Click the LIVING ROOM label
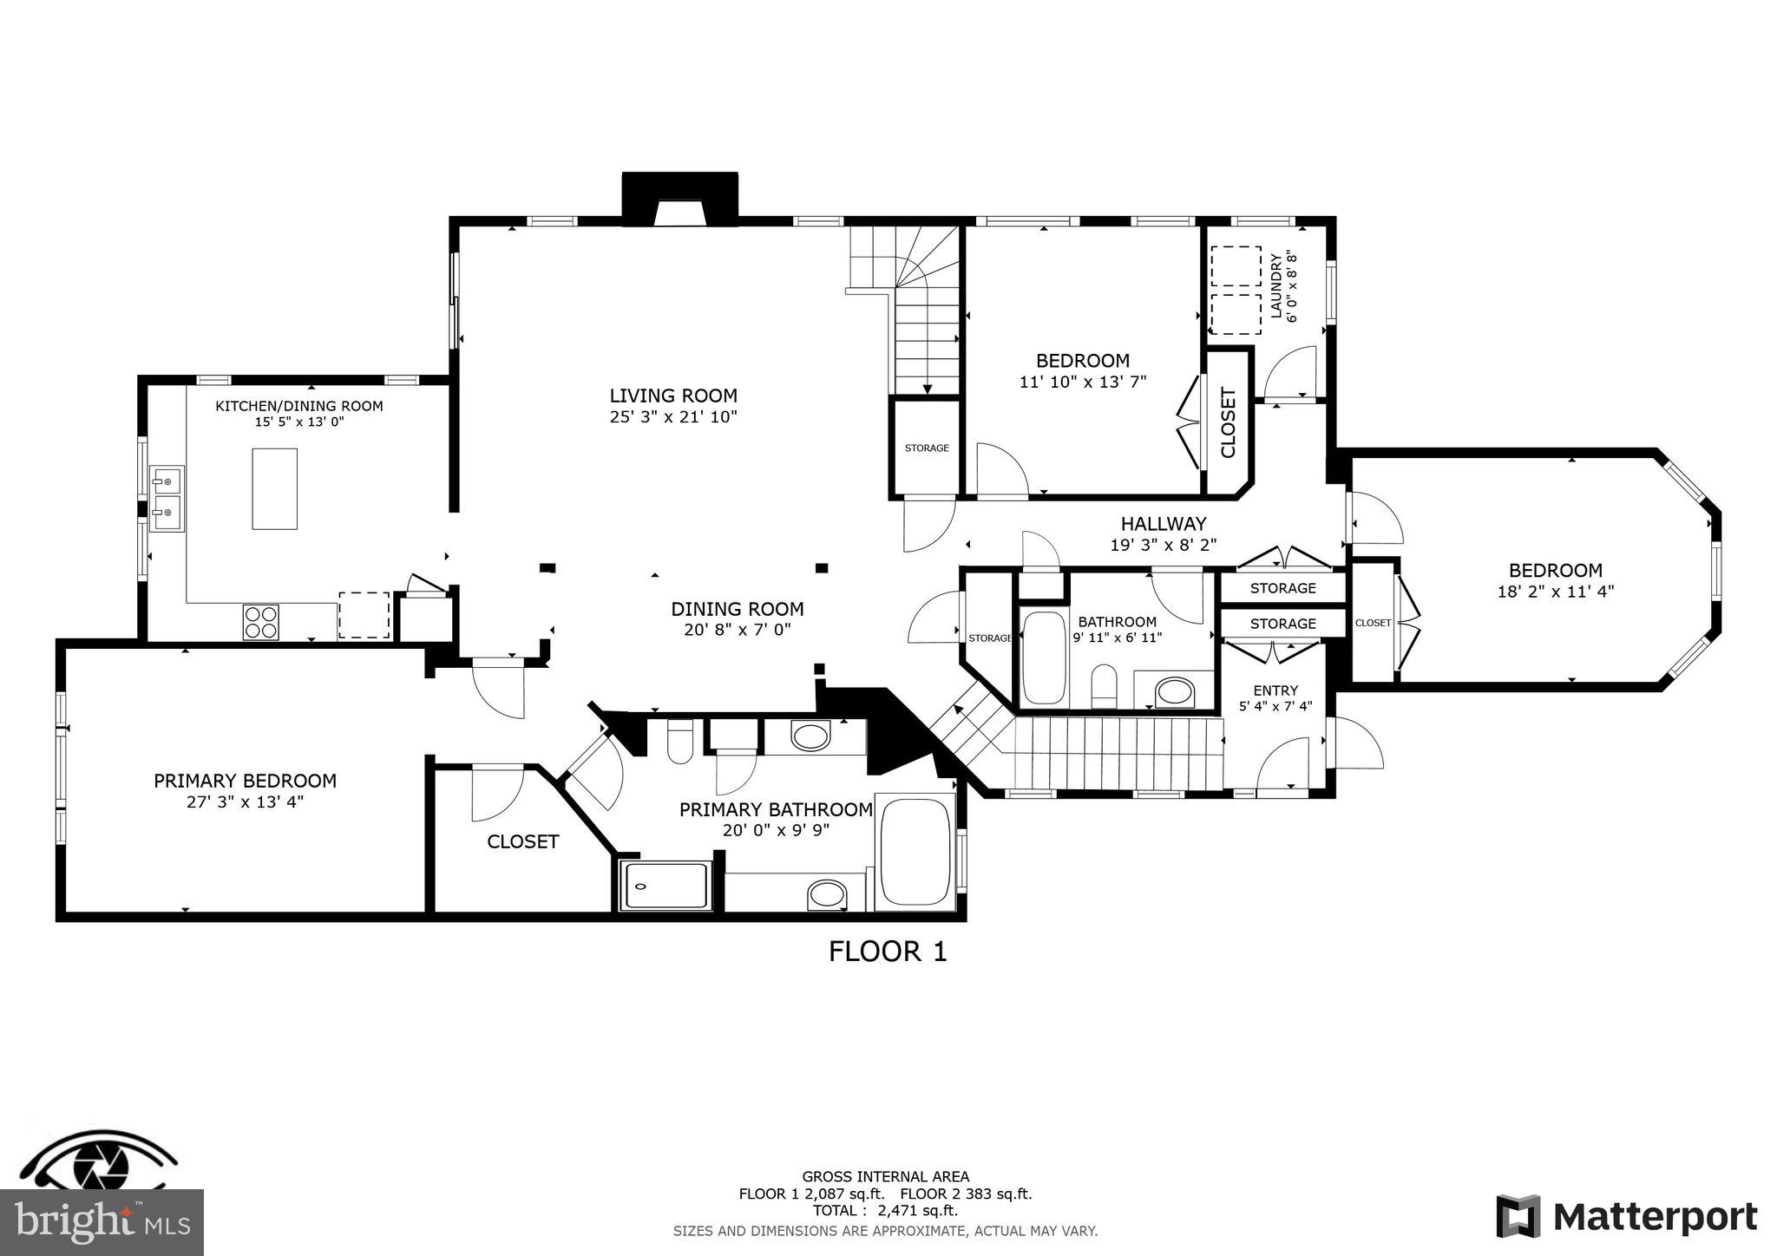tap(673, 396)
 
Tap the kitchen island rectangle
tap(274, 488)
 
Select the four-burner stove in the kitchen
tap(261, 621)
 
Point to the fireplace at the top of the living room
tap(679, 200)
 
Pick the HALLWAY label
tap(1164, 524)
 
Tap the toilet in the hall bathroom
tap(1104, 686)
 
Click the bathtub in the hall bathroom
tap(1044, 658)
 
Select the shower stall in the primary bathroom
tap(666, 885)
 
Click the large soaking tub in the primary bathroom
tap(915, 851)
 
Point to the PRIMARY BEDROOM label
tap(245, 781)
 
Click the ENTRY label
tap(1275, 690)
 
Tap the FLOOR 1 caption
tap(888, 952)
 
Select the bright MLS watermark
tap(102, 1222)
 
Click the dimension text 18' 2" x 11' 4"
tap(1556, 592)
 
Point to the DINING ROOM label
tap(738, 609)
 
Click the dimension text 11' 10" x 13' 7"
tap(1083, 381)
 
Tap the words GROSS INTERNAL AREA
tap(885, 1177)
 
